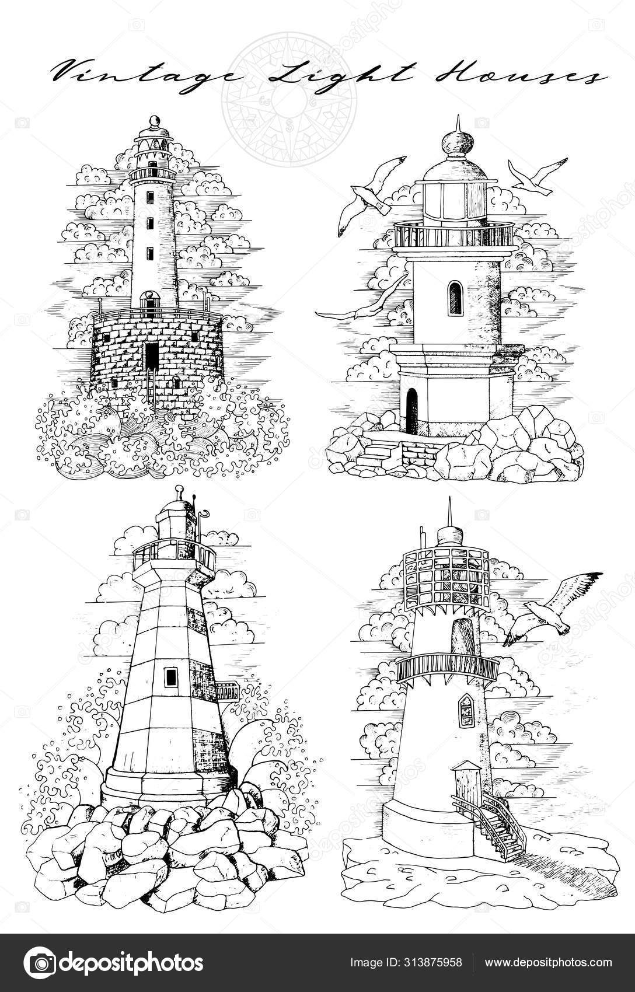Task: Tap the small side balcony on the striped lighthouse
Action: (x=227, y=691)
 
